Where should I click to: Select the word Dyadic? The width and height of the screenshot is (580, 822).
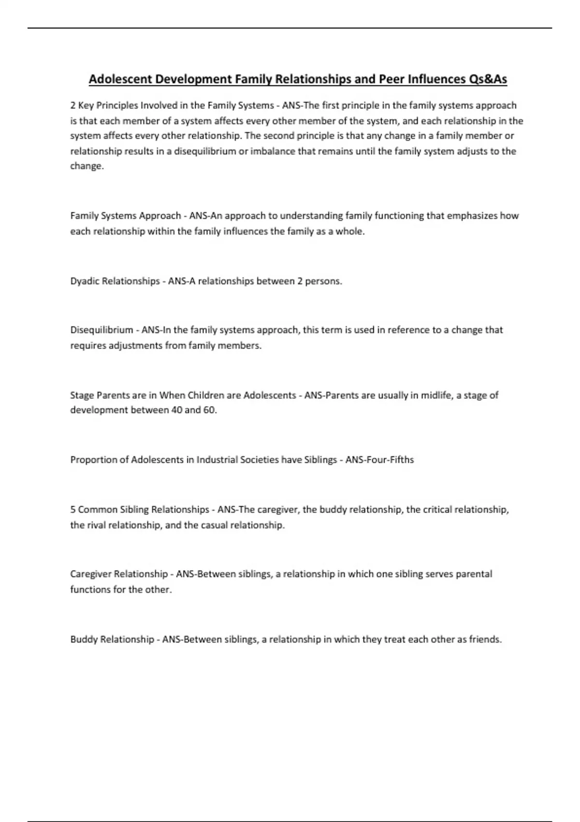point(85,281)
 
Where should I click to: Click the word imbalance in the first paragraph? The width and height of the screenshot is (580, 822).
point(273,151)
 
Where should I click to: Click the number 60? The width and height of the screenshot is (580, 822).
point(208,410)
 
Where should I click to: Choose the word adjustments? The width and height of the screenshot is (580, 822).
point(138,345)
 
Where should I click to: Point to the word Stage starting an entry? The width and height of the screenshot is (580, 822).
point(82,395)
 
